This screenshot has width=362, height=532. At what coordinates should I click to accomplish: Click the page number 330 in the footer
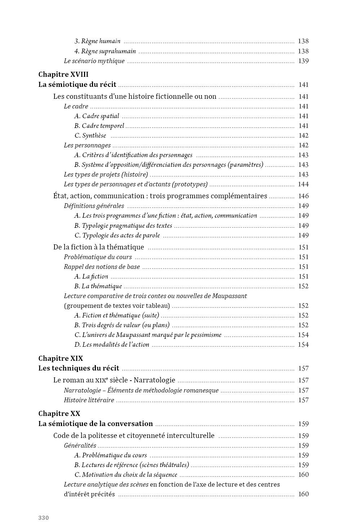tap(43, 518)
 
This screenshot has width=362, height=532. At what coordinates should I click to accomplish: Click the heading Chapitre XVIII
tap(63, 75)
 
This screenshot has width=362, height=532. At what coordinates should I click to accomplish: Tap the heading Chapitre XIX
tap(61, 358)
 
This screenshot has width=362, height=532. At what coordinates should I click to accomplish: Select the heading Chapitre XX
tap(59, 413)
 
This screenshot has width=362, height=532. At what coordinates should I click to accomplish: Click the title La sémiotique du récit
tap(77, 85)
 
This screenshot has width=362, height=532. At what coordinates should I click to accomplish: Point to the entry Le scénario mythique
tap(94, 61)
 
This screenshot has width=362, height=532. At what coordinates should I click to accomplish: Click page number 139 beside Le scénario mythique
tap(303, 61)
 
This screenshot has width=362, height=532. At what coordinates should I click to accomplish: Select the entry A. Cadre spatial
tap(97, 116)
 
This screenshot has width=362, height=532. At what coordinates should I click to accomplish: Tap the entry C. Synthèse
tap(90, 136)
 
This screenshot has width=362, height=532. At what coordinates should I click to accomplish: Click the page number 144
tap(303, 184)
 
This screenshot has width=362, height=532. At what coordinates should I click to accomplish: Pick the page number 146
tap(303, 196)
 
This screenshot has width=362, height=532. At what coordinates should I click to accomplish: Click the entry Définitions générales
tap(94, 206)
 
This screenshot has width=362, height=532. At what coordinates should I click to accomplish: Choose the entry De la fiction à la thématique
tap(98, 247)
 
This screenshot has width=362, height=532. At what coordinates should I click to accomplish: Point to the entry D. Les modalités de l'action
tap(112, 345)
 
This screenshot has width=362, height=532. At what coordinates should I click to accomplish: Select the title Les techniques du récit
tap(79, 368)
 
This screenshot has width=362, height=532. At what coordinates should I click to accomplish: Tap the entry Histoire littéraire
tap(89, 400)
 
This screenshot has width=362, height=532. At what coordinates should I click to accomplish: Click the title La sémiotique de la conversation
tap(96, 424)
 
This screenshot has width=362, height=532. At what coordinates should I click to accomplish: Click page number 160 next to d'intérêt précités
tap(303, 494)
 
